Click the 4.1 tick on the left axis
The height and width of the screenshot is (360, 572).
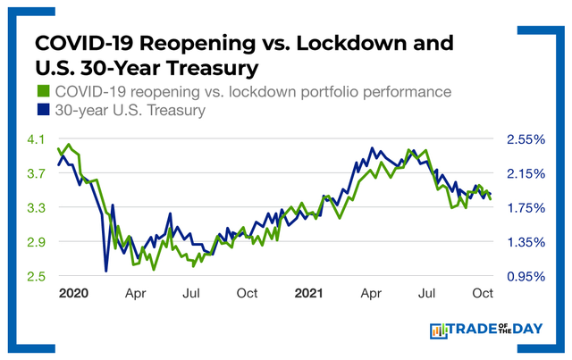(x=34, y=139)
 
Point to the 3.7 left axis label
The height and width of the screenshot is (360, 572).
(x=34, y=173)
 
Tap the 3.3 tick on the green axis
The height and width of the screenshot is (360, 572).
(x=34, y=208)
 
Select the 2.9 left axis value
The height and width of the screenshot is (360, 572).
(x=34, y=242)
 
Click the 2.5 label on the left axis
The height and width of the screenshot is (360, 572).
(x=34, y=276)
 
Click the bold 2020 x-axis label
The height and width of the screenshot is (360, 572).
(x=73, y=293)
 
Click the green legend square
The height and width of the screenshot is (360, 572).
(x=42, y=92)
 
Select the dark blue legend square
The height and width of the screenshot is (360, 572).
(x=42, y=112)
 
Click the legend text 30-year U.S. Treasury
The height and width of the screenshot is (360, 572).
(x=130, y=112)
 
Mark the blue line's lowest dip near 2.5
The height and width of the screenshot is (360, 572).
(x=106, y=271)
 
